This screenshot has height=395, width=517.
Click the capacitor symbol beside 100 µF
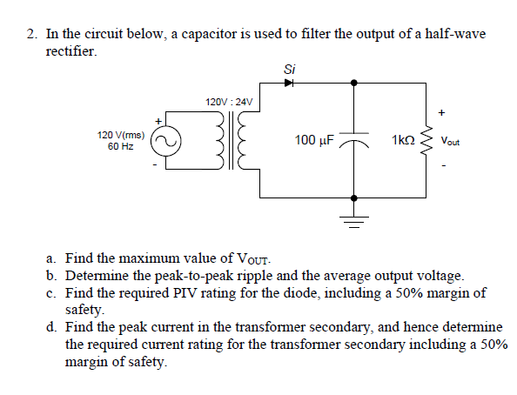(x=352, y=139)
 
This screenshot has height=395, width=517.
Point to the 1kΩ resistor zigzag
(x=425, y=140)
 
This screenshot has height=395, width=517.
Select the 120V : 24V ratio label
(x=229, y=102)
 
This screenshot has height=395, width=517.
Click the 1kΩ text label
(x=402, y=140)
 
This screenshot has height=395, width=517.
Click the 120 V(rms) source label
(x=121, y=135)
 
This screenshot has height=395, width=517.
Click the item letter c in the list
(x=51, y=292)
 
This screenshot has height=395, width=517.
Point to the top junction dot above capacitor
(x=352, y=83)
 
